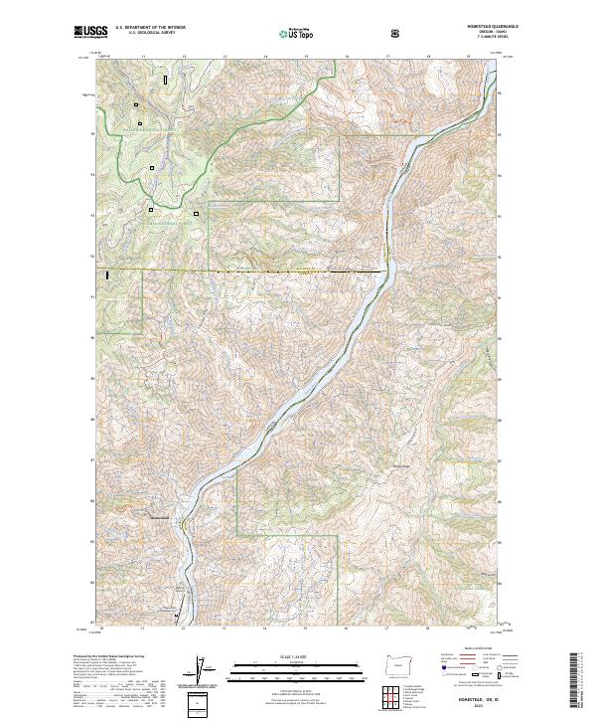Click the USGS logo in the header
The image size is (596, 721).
(x=90, y=33)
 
